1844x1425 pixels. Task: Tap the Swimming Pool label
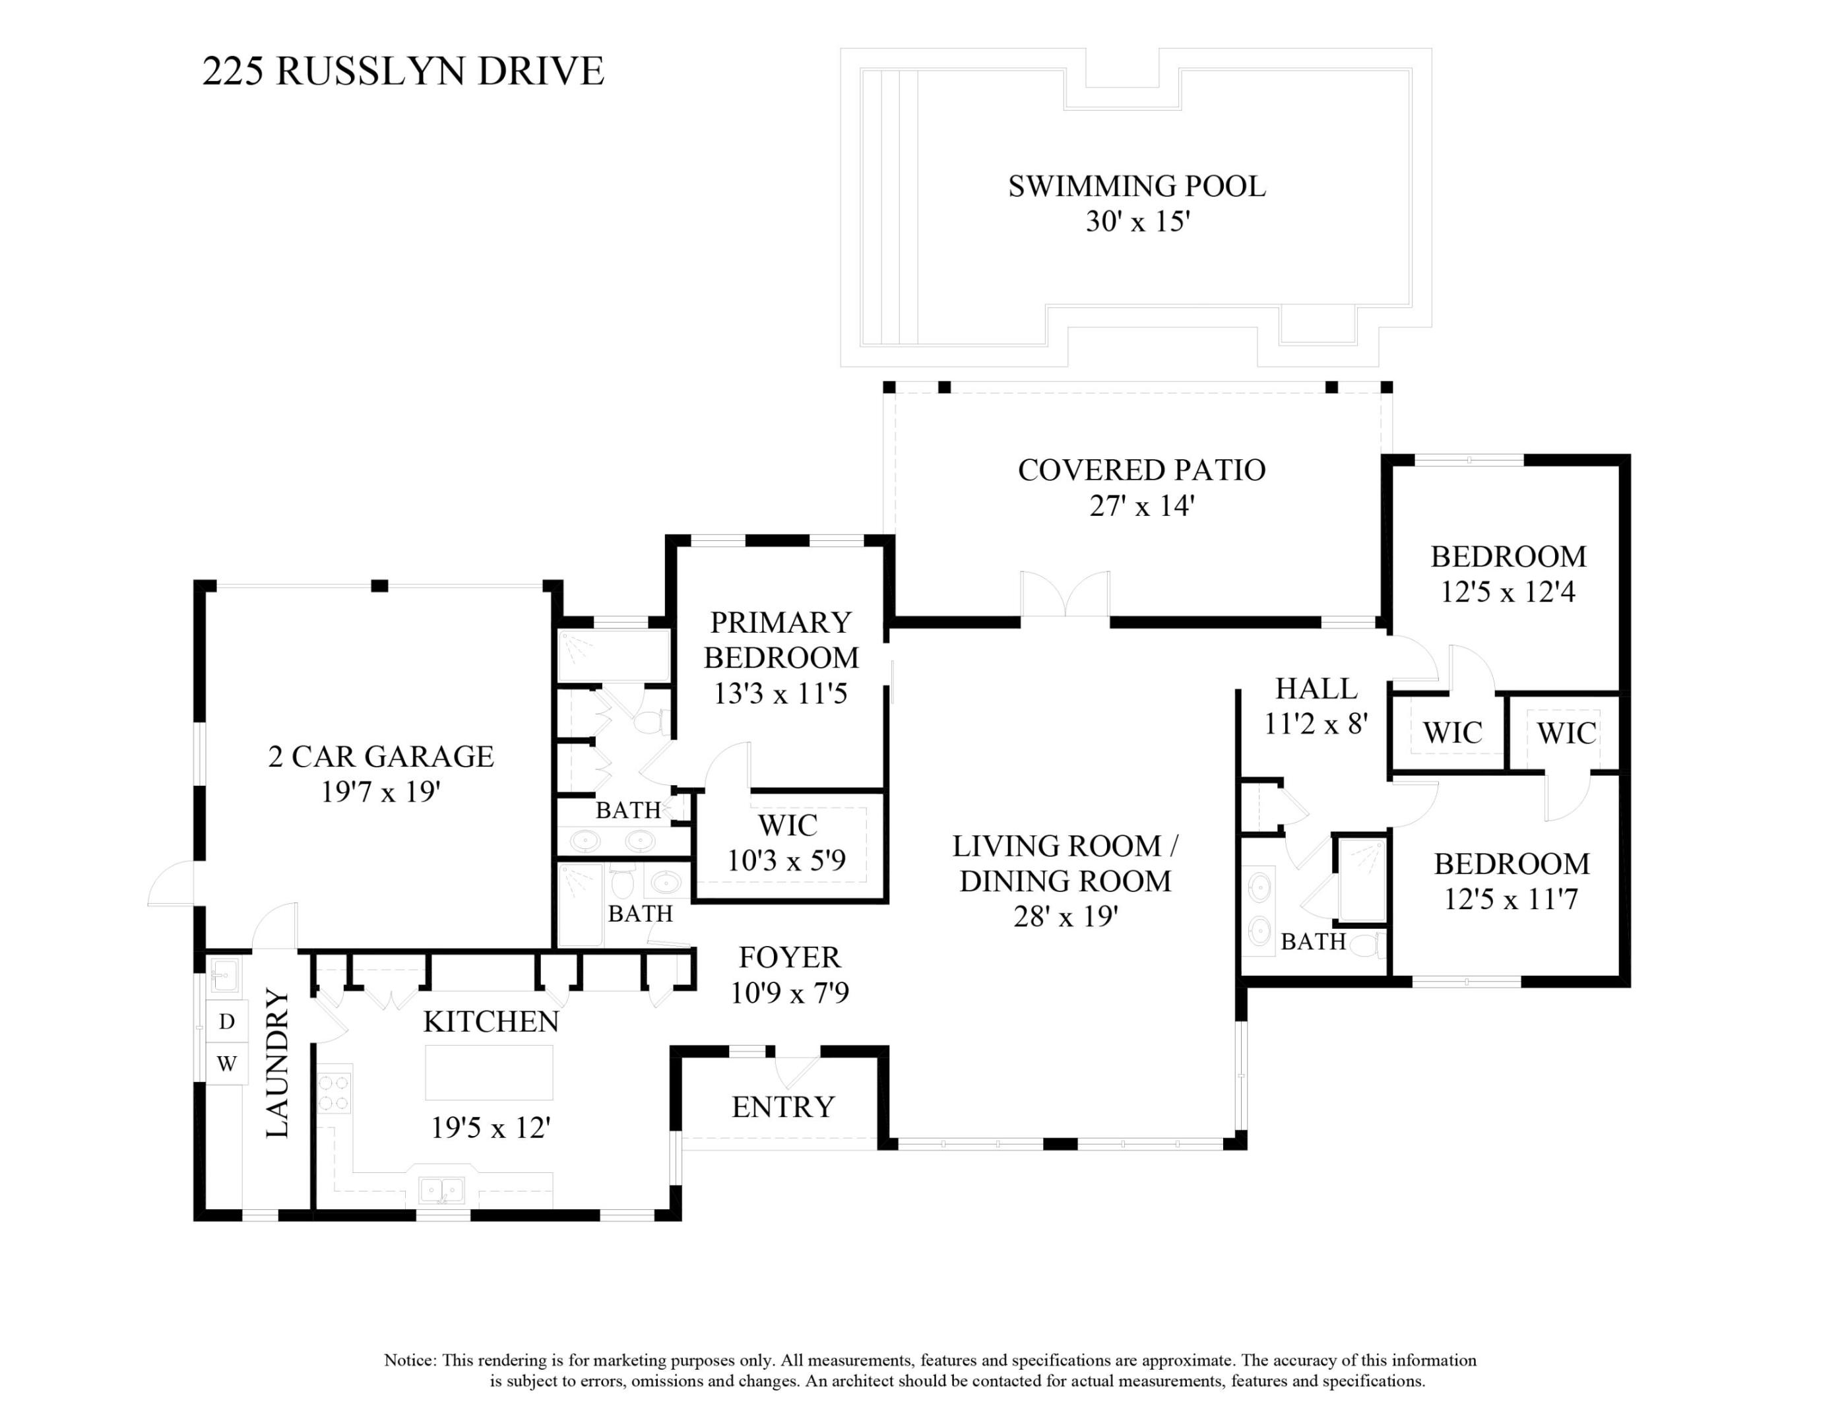(x=1137, y=187)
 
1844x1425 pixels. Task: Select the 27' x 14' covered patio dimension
(x=1141, y=505)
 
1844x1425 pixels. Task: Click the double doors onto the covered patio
(x=1065, y=598)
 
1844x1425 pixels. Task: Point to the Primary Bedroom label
(x=781, y=639)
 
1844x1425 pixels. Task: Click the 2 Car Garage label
(x=381, y=757)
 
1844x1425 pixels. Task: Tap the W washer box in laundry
(x=226, y=1063)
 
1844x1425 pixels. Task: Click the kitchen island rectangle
(x=489, y=1072)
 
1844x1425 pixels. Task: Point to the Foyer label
(x=790, y=957)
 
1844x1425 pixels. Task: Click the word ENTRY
(x=782, y=1107)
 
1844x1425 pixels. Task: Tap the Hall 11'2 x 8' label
(x=1316, y=706)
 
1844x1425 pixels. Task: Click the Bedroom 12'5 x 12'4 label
(x=1508, y=574)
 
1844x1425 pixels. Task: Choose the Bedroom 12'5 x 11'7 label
(x=1510, y=881)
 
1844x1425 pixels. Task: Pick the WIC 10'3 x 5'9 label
(x=787, y=842)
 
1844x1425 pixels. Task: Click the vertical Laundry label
(x=278, y=1063)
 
